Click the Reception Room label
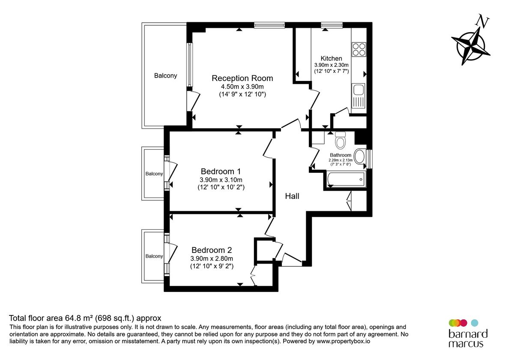click(242, 78)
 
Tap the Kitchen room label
click(332, 58)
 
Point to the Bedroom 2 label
click(212, 250)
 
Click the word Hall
click(292, 196)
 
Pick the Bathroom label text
click(341, 155)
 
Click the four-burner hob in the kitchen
click(359, 49)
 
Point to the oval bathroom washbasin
click(360, 158)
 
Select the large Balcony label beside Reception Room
click(165, 76)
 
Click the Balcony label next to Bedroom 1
click(154, 174)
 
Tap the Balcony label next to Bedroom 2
click(154, 256)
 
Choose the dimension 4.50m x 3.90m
click(242, 87)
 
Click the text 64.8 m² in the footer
click(81, 318)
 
